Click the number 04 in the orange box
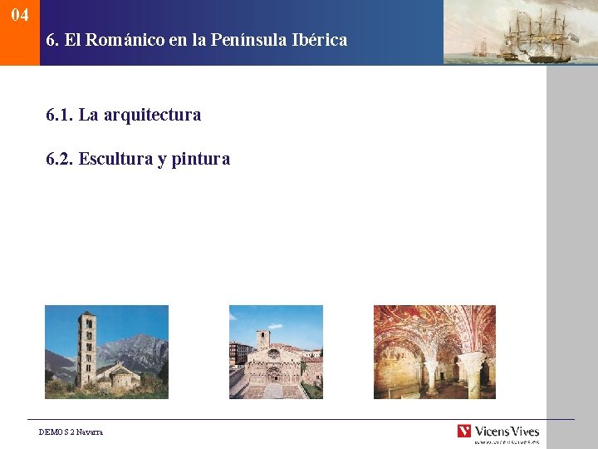tap(20, 15)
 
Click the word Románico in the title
tap(121, 39)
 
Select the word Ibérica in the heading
tap(319, 39)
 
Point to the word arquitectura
tap(152, 115)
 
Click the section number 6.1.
tap(60, 115)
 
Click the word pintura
tap(201, 159)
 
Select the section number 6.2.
tap(60, 159)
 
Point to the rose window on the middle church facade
tap(273, 354)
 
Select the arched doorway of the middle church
tap(273, 373)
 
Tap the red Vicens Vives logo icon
tap(463, 431)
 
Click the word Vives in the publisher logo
tap(523, 431)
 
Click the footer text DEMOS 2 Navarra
tap(71, 432)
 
